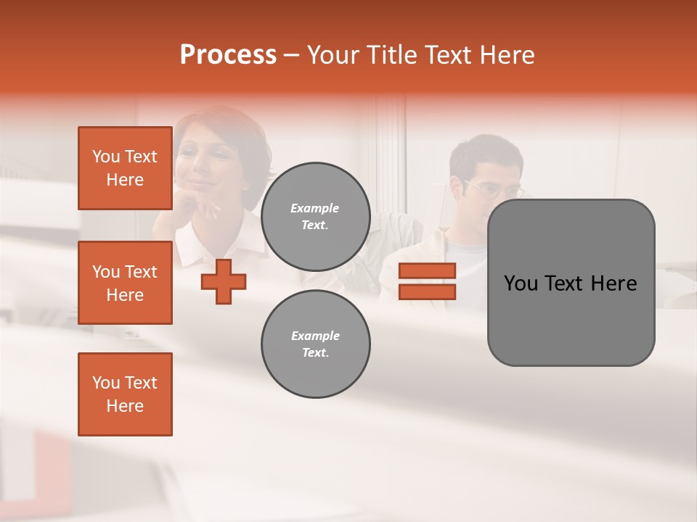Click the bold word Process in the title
click(228, 55)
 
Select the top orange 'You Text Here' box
click(125, 168)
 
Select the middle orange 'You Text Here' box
click(125, 283)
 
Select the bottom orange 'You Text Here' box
click(125, 394)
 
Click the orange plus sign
click(224, 281)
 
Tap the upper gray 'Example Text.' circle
click(315, 217)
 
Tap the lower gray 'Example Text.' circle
click(315, 344)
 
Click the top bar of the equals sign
click(427, 271)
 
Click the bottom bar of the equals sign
click(427, 291)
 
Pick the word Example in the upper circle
click(315, 208)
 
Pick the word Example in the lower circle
click(315, 336)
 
